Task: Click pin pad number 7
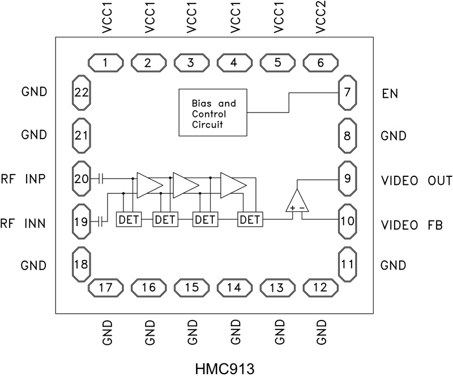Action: tap(347, 93)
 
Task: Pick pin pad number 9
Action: tap(347, 179)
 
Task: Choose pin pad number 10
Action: tap(347, 220)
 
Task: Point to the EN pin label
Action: tap(391, 93)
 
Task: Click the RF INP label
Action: tap(26, 179)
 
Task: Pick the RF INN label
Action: tap(26, 223)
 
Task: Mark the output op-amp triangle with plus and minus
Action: tap(297, 202)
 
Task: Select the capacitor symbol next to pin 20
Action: tap(100, 179)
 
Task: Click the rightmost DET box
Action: tap(247, 219)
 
